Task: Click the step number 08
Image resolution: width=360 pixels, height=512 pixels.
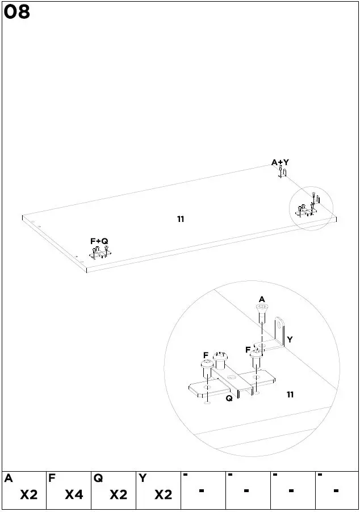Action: (17, 12)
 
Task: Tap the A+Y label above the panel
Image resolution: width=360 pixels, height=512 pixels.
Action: (280, 163)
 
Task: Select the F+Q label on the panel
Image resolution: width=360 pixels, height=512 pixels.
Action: (99, 241)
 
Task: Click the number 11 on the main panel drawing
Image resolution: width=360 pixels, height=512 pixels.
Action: (181, 219)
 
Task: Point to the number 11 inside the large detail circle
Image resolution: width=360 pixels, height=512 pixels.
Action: (290, 395)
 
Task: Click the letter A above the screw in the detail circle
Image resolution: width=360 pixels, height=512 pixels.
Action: (262, 299)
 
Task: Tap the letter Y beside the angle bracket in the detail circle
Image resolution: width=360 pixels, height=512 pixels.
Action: (290, 339)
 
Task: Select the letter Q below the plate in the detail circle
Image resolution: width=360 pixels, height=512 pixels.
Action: (229, 398)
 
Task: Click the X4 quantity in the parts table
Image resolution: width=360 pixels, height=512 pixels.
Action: (74, 495)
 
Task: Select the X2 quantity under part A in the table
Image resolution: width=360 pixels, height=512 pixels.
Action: (29, 495)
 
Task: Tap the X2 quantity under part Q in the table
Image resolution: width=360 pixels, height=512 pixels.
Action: (118, 495)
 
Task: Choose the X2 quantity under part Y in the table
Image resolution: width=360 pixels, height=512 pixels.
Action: (163, 495)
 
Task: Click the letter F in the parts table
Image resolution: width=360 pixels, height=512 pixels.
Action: (52, 479)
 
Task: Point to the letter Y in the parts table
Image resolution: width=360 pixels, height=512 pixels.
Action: (142, 479)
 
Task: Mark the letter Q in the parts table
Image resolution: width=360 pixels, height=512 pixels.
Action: (98, 479)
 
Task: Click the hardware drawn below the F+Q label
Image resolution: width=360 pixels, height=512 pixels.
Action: (100, 253)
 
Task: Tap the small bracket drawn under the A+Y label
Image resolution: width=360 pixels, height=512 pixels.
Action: (282, 172)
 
